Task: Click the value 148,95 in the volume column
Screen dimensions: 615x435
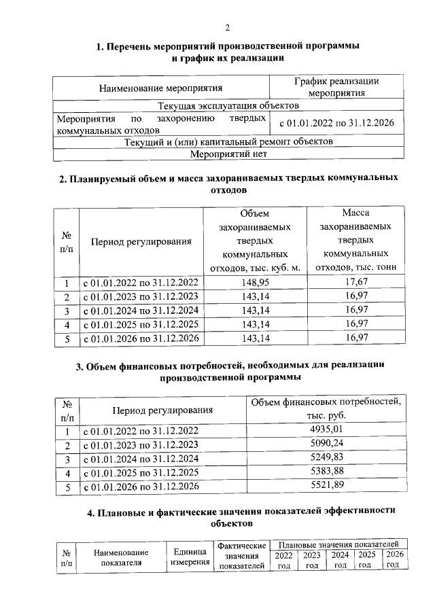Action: (256, 282)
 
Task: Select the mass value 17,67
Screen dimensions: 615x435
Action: (356, 282)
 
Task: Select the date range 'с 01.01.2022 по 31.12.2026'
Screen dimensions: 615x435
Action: (336, 123)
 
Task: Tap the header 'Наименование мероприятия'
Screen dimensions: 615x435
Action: (161, 88)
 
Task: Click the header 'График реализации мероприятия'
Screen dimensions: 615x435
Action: (336, 87)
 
